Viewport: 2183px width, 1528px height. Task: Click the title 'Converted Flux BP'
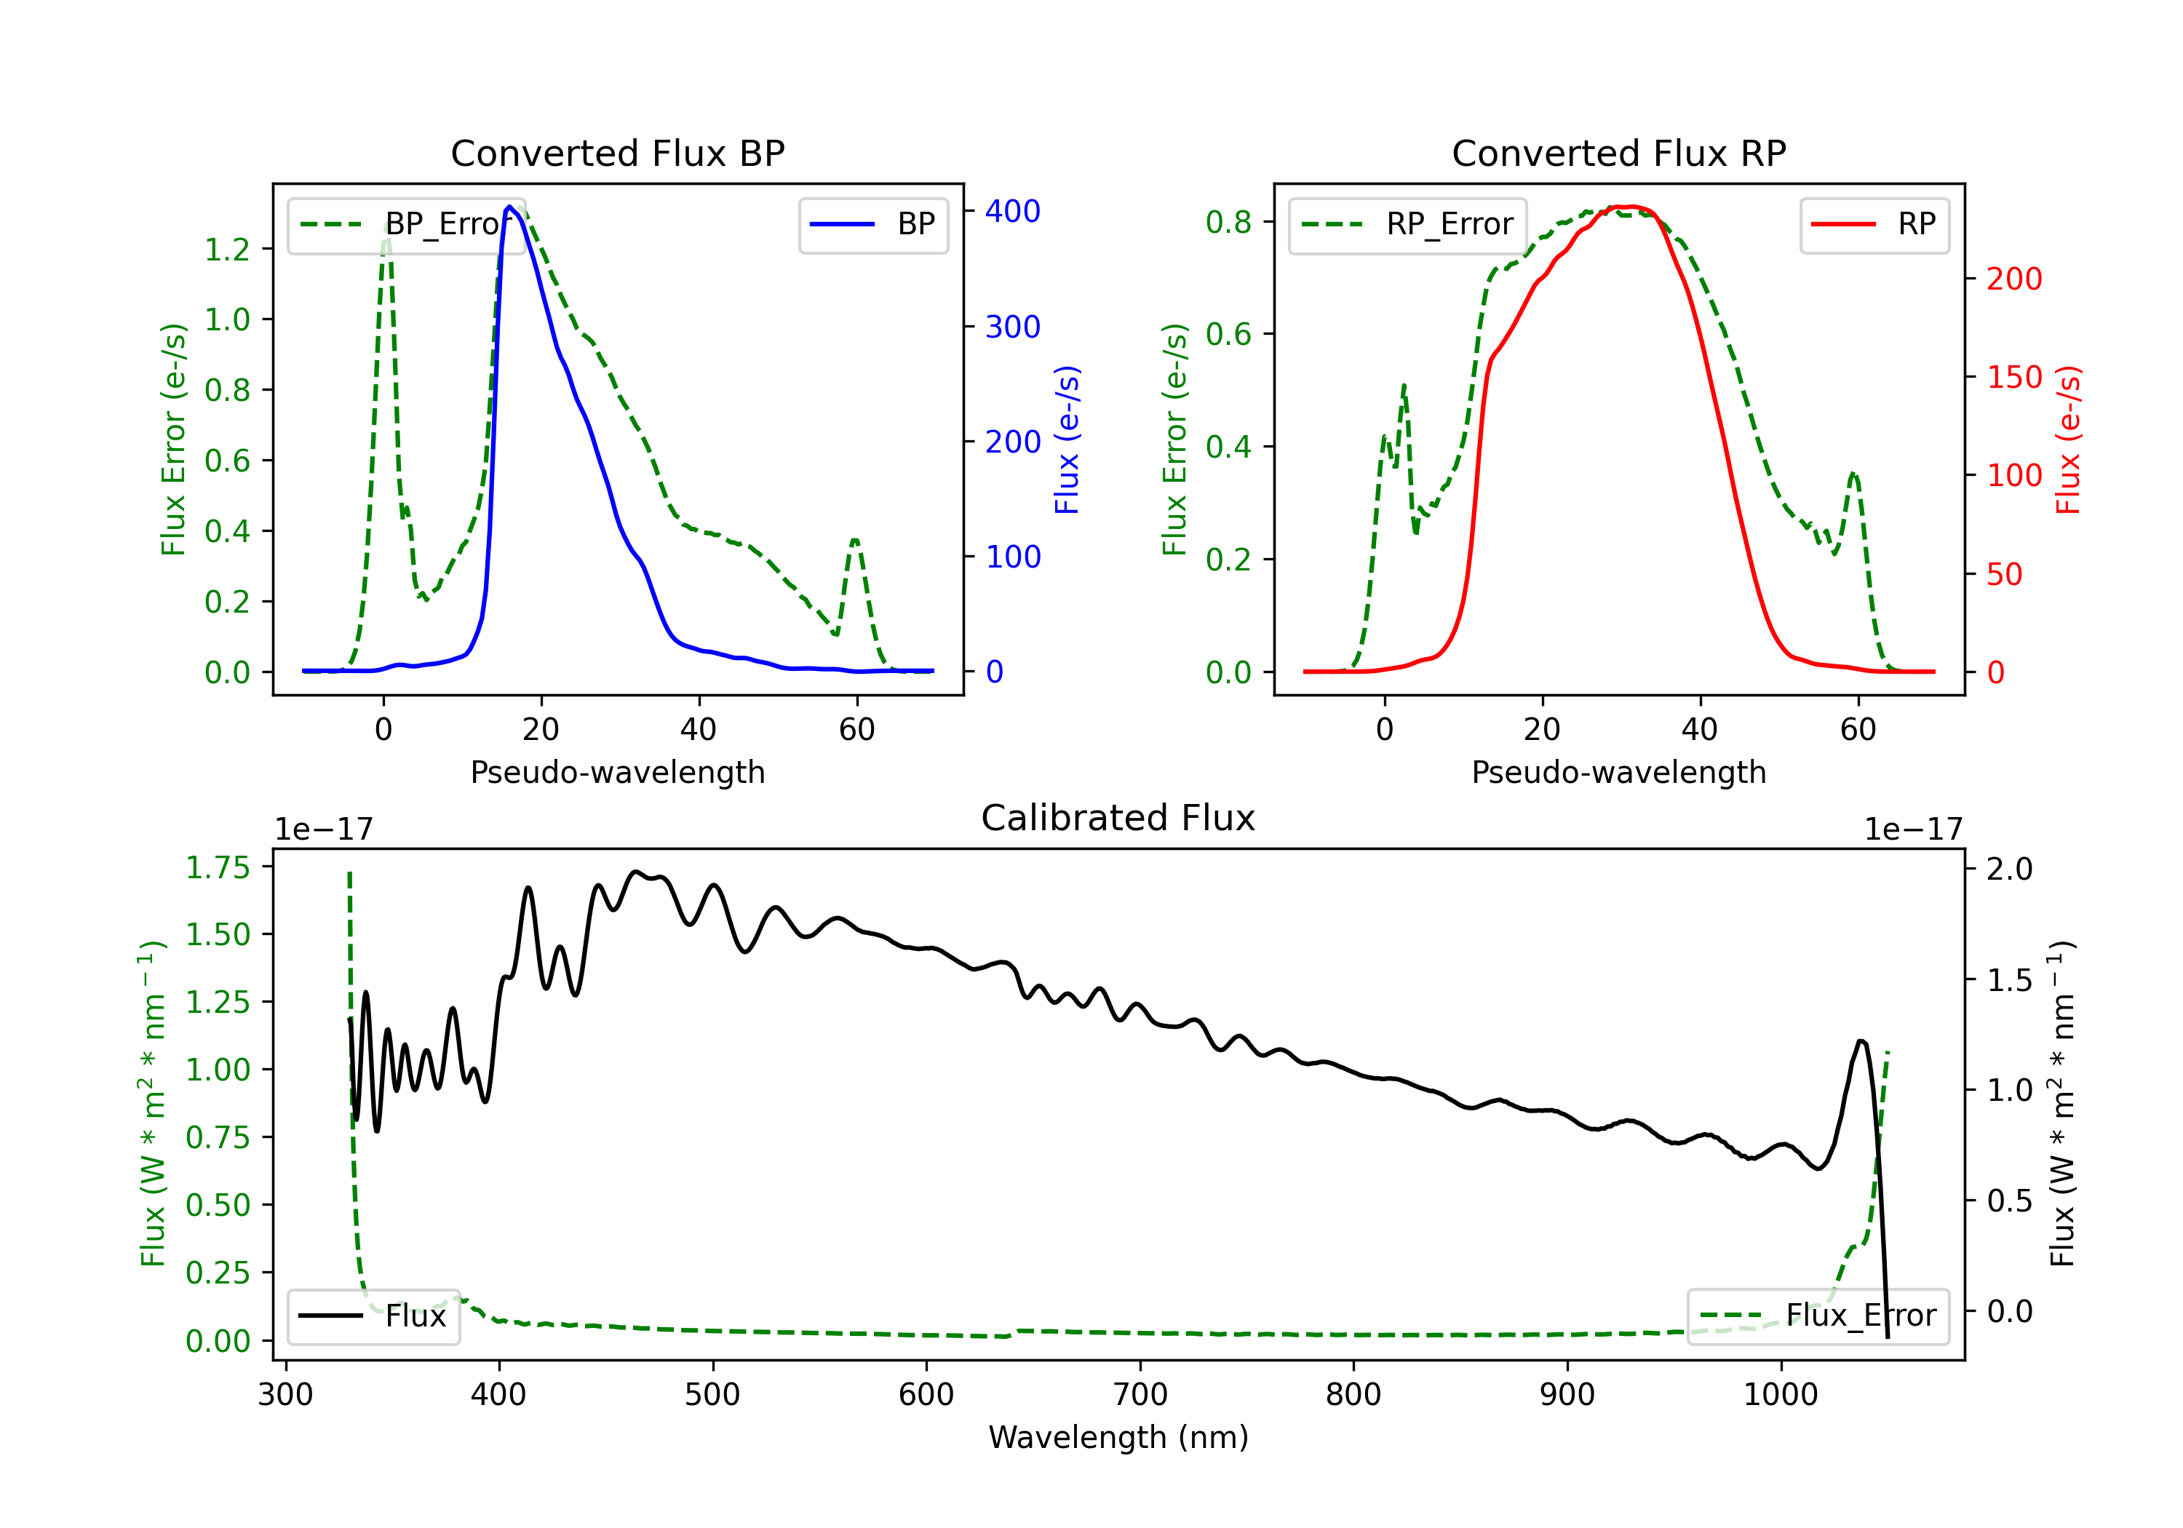pos(617,153)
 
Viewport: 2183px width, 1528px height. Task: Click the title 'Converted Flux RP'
pos(1618,153)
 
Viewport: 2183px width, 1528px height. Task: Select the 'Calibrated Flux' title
pos(1118,818)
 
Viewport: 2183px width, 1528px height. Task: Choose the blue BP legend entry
pos(872,224)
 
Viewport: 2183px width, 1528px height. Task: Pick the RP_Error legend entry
pos(1407,224)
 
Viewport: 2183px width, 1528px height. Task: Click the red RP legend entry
pos(1874,224)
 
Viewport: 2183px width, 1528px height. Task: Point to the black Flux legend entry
pos(372,1316)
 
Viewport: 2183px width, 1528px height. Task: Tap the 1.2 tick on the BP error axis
pos(227,249)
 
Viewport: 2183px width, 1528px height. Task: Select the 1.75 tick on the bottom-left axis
pos(218,867)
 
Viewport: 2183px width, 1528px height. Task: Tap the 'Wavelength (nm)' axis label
pos(1118,1437)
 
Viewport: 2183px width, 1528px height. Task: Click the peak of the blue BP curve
pos(509,207)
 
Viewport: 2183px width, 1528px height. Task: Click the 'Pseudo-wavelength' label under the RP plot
pos(1618,772)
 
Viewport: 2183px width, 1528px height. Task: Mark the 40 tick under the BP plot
pos(699,729)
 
